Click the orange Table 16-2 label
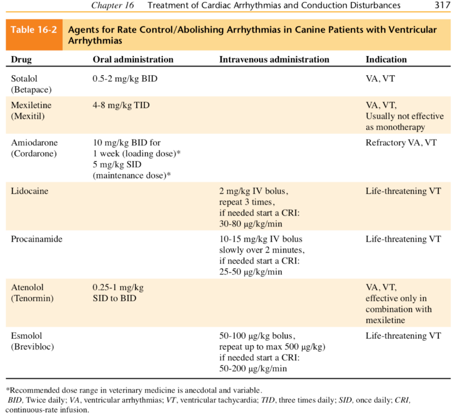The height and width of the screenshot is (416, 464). click(32, 30)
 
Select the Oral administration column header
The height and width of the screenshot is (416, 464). click(133, 59)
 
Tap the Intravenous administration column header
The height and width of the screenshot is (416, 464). click(274, 59)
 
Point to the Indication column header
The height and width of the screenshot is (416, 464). click(386, 59)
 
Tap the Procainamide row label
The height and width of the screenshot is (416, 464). click(37, 239)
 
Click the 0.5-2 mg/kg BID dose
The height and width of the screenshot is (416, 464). click(125, 78)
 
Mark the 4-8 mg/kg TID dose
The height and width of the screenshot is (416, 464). click(121, 105)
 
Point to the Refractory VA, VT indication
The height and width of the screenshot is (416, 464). click(401, 143)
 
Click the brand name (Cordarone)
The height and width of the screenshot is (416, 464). click(34, 154)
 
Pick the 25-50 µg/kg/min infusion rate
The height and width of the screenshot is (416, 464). click(251, 272)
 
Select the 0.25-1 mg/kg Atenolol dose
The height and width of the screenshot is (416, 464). click(118, 287)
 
